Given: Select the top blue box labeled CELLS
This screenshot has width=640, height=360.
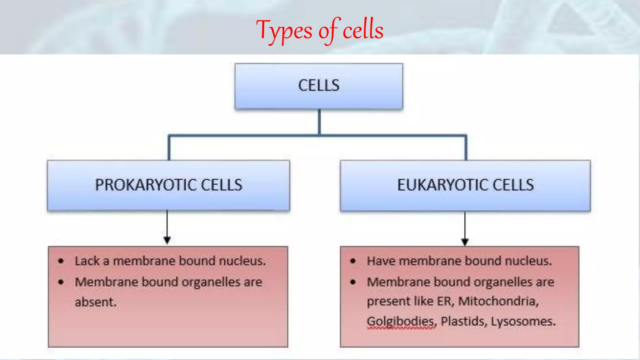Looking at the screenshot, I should point(319,86).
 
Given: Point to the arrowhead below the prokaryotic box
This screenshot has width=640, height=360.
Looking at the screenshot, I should point(167,240).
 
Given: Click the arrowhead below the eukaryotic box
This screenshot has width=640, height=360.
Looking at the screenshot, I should point(465,242).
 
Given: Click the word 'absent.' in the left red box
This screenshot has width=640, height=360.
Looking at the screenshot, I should point(96,302).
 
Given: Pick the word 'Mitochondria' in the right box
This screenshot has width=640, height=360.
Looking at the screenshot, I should point(498,301).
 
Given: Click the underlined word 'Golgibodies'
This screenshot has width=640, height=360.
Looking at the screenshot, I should point(401,321).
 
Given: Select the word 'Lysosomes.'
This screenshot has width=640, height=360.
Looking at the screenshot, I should point(523,321).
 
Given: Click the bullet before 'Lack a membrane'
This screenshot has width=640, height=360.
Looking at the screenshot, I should point(61,261).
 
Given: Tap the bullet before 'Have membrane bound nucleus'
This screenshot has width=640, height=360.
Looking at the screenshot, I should point(353,261).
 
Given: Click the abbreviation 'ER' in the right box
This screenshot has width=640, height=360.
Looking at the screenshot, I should point(444,301).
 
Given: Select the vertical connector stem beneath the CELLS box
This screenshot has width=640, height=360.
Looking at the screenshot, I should point(319,122).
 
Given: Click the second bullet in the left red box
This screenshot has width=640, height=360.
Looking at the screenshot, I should point(61,282).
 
